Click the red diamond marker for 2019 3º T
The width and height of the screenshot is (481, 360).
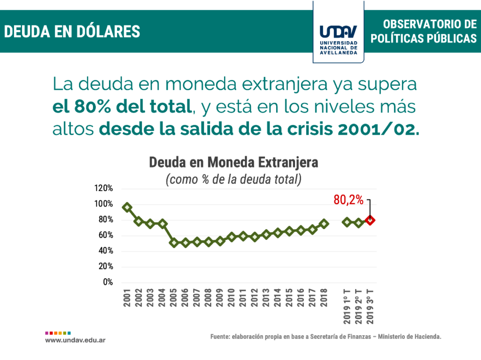pyautogui.click(x=370, y=220)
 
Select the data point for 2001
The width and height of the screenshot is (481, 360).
pyautogui.click(x=127, y=207)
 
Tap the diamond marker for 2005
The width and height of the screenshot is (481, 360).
pyautogui.click(x=174, y=243)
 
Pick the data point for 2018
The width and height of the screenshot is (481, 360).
pyautogui.click(x=324, y=224)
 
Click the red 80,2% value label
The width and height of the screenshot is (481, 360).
pyautogui.click(x=349, y=200)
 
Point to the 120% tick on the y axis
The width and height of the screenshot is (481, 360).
pyautogui.click(x=103, y=188)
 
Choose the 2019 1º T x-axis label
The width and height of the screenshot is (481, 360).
pyautogui.click(x=347, y=306)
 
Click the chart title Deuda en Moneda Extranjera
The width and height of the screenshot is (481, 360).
pyautogui.click(x=233, y=162)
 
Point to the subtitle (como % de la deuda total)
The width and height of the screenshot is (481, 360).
pyautogui.click(x=233, y=179)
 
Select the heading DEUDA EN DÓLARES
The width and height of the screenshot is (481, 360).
pyautogui.click(x=72, y=31)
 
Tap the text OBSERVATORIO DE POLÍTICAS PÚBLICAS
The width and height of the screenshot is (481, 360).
pyautogui.click(x=424, y=31)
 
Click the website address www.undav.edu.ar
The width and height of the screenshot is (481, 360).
pyautogui.click(x=75, y=339)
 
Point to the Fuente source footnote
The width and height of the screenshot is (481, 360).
pyautogui.click(x=326, y=337)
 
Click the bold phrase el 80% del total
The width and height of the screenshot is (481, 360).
pyautogui.click(x=123, y=107)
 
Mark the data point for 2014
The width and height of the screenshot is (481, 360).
pyautogui.click(x=278, y=233)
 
